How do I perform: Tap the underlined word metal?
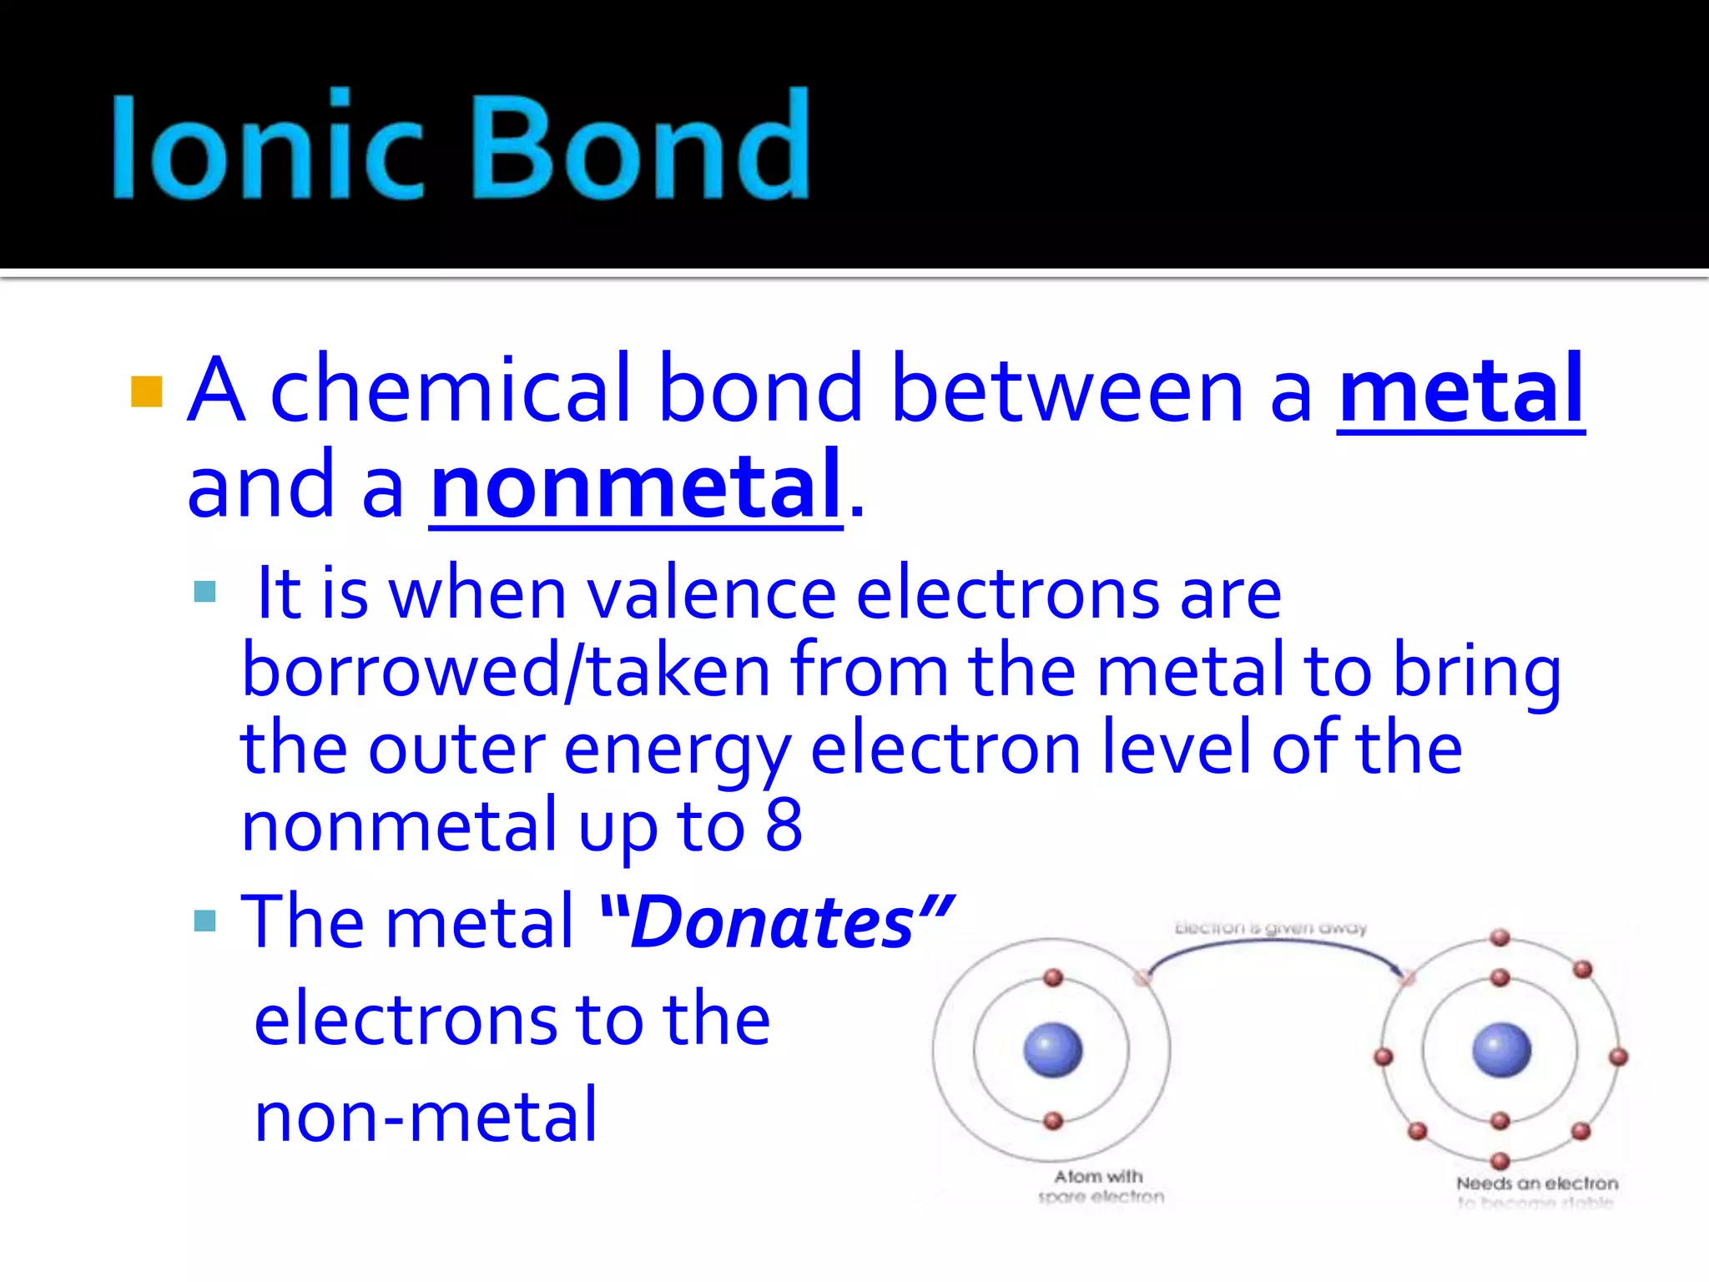coord(1460,391)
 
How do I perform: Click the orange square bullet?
coord(147,391)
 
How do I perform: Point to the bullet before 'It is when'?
coord(204,592)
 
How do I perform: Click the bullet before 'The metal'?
coord(204,921)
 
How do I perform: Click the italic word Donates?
coord(773,923)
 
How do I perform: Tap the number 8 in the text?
coord(784,825)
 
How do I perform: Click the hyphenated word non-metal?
coord(426,1117)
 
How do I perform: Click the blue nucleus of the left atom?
coord(1052,1049)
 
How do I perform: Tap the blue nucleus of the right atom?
coord(1501,1049)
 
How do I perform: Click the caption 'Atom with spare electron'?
coord(1099,1186)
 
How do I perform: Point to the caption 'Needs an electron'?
coord(1536,1184)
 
